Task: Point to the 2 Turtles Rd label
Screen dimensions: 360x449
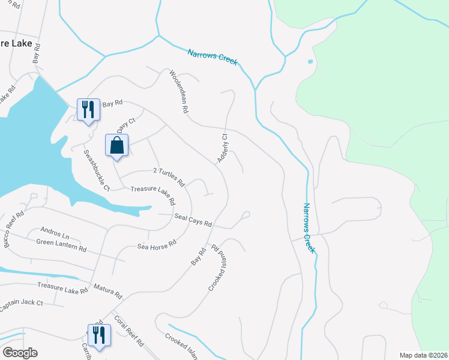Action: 169,176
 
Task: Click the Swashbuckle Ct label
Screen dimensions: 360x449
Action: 95,169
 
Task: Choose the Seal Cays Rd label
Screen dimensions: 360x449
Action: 193,220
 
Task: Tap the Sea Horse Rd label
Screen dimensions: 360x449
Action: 157,245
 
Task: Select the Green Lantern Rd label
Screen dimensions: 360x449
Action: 61,245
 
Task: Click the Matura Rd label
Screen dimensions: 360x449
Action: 107,292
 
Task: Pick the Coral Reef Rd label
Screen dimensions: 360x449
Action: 128,331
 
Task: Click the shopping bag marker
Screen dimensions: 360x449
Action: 116,146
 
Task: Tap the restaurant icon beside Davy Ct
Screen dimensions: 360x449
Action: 88,110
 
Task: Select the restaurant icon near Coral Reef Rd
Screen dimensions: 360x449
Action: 98,335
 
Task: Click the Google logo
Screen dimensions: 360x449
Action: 19,353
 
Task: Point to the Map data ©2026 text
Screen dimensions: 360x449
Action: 423,355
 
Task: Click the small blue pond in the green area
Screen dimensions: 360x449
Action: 310,61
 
